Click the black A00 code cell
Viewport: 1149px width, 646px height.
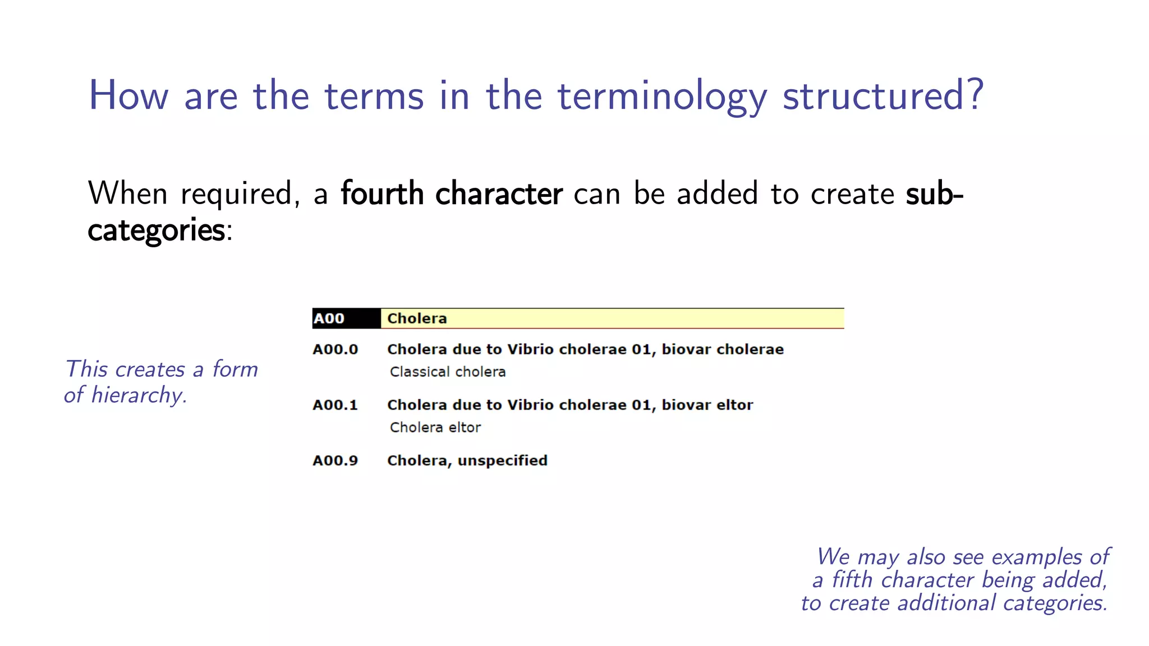click(x=346, y=319)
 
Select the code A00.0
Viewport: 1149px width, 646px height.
click(x=335, y=349)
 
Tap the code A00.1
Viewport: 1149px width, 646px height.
click(x=335, y=405)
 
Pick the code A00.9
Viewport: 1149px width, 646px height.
click(x=335, y=460)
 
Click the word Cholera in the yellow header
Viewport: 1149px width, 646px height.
click(x=417, y=319)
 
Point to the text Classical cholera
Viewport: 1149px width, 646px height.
click(x=448, y=372)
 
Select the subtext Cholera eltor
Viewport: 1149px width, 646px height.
click(x=435, y=427)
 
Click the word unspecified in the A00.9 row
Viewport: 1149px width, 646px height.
click(x=502, y=460)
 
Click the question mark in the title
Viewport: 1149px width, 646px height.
click(x=975, y=94)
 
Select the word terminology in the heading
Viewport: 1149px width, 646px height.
click(x=662, y=96)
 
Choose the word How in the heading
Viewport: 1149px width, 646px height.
click(x=128, y=95)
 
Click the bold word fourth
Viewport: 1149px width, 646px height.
click(x=382, y=193)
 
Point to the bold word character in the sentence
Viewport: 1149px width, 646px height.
click(x=499, y=193)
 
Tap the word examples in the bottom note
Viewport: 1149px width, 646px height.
click(x=1036, y=557)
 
